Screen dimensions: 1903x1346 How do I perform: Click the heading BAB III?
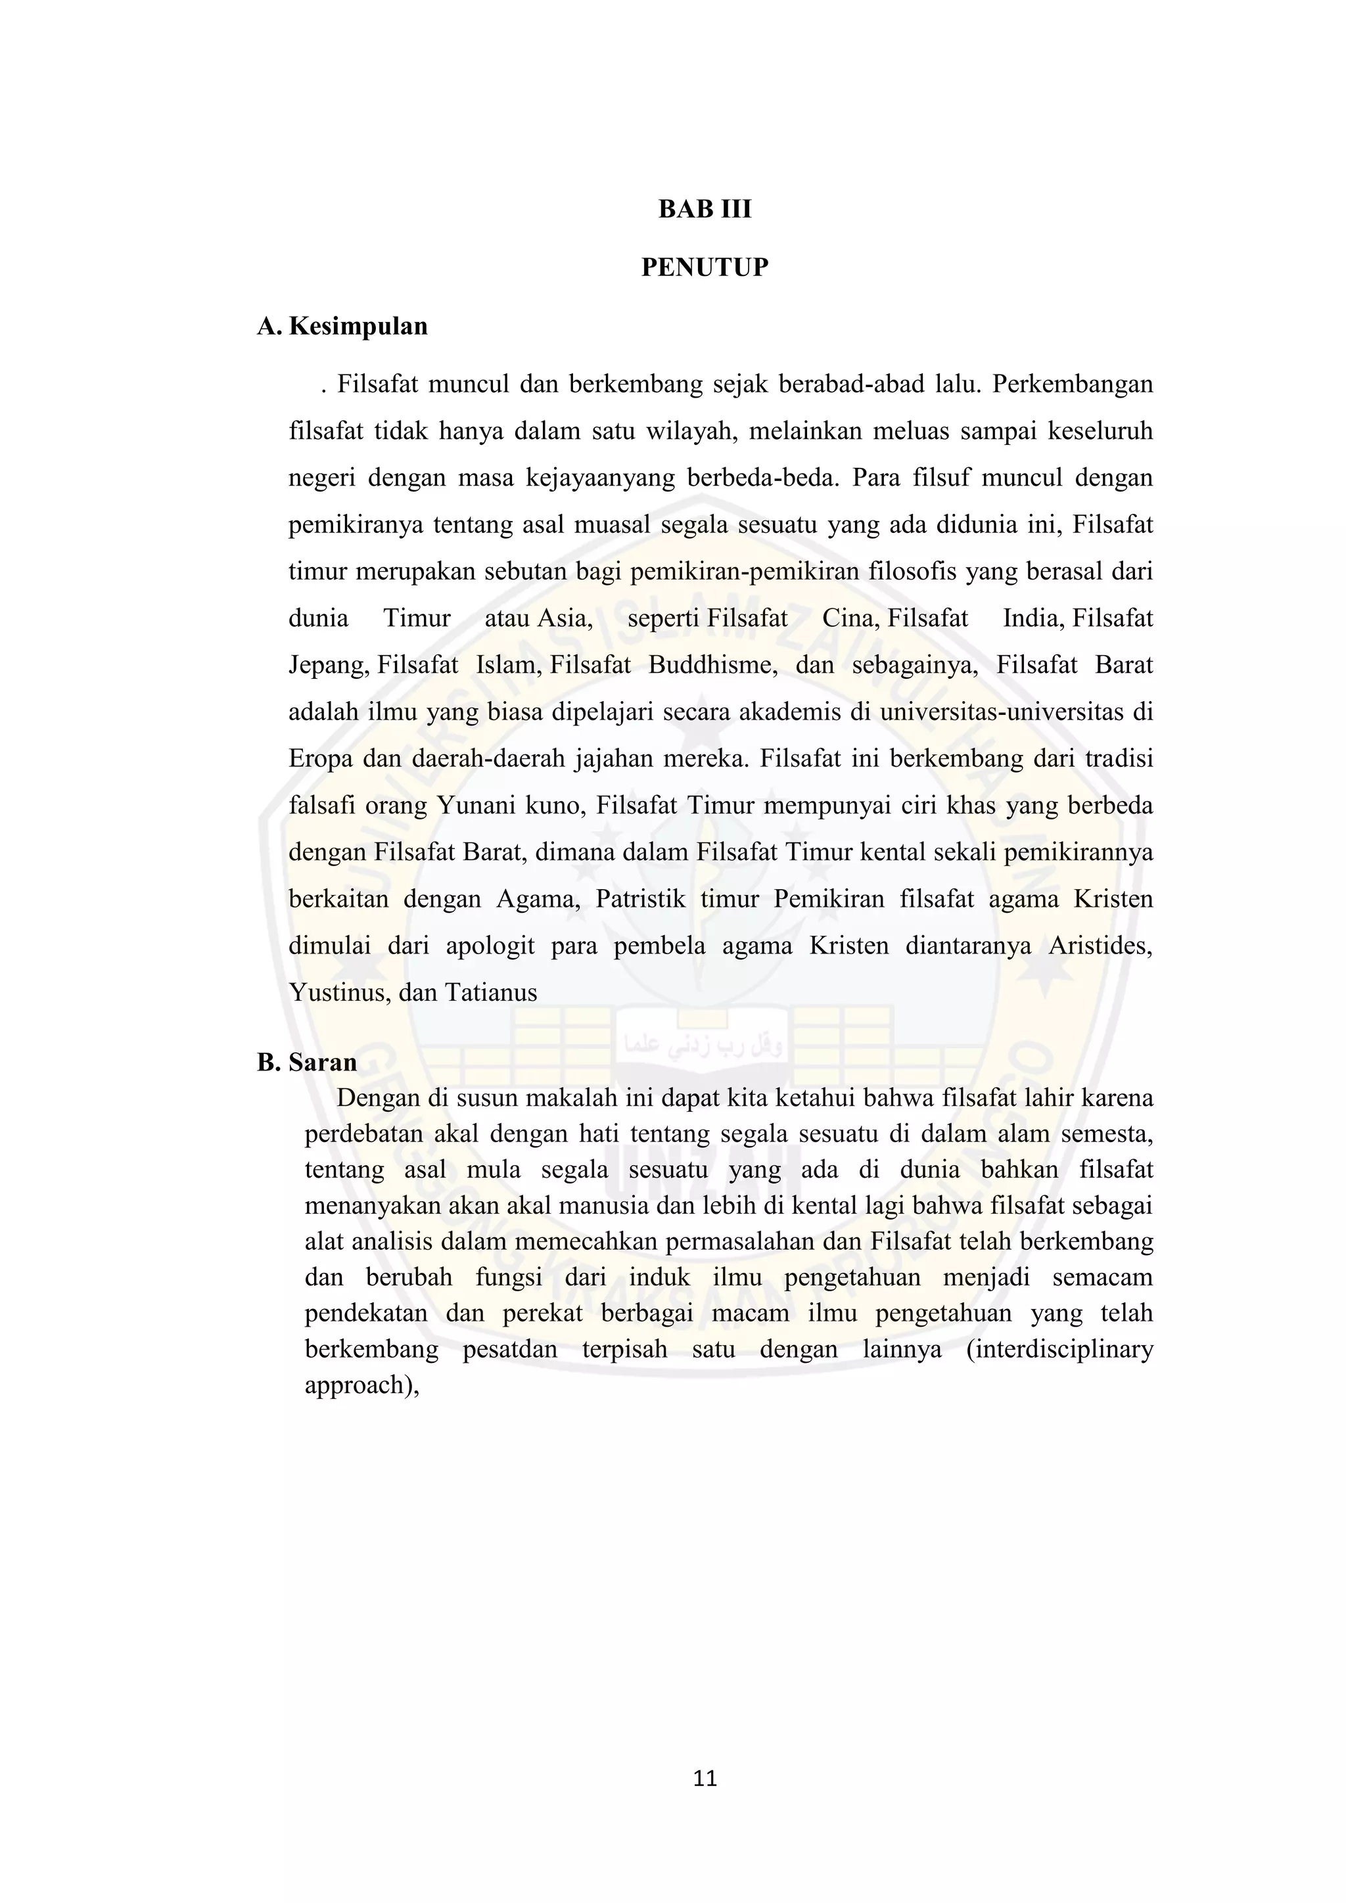pyautogui.click(x=705, y=209)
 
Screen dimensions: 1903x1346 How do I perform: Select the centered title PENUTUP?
pyautogui.click(x=705, y=267)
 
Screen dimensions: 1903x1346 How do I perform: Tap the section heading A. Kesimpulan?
pyautogui.click(x=342, y=326)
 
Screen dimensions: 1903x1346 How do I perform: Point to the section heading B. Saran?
pyautogui.click(x=307, y=1062)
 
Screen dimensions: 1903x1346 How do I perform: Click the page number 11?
pyautogui.click(x=705, y=1779)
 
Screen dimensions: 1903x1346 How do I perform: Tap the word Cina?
pyautogui.click(x=851, y=618)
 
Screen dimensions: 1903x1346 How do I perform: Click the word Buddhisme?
pyautogui.click(x=713, y=666)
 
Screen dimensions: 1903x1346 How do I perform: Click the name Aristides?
pyautogui.click(x=1100, y=946)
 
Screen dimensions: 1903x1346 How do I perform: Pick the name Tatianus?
pyautogui.click(x=491, y=993)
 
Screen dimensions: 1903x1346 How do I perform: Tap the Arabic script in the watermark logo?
pyautogui.click(x=704, y=1045)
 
